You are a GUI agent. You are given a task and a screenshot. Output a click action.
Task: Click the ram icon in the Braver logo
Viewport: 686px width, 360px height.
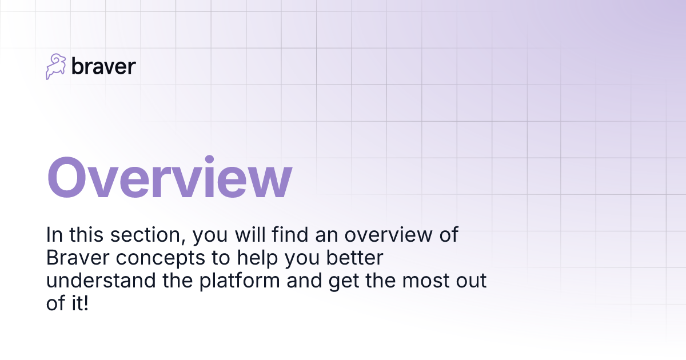(x=56, y=67)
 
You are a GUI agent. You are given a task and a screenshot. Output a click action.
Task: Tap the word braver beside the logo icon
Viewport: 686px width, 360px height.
(x=103, y=67)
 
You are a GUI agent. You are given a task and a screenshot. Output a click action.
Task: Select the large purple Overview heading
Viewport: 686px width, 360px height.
(x=169, y=178)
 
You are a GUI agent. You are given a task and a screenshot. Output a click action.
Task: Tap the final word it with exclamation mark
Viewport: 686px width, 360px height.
(x=79, y=304)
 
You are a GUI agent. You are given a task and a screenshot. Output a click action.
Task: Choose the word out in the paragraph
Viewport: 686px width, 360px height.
(x=472, y=281)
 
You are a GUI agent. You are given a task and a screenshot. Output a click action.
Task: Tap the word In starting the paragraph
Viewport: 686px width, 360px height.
(x=54, y=235)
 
